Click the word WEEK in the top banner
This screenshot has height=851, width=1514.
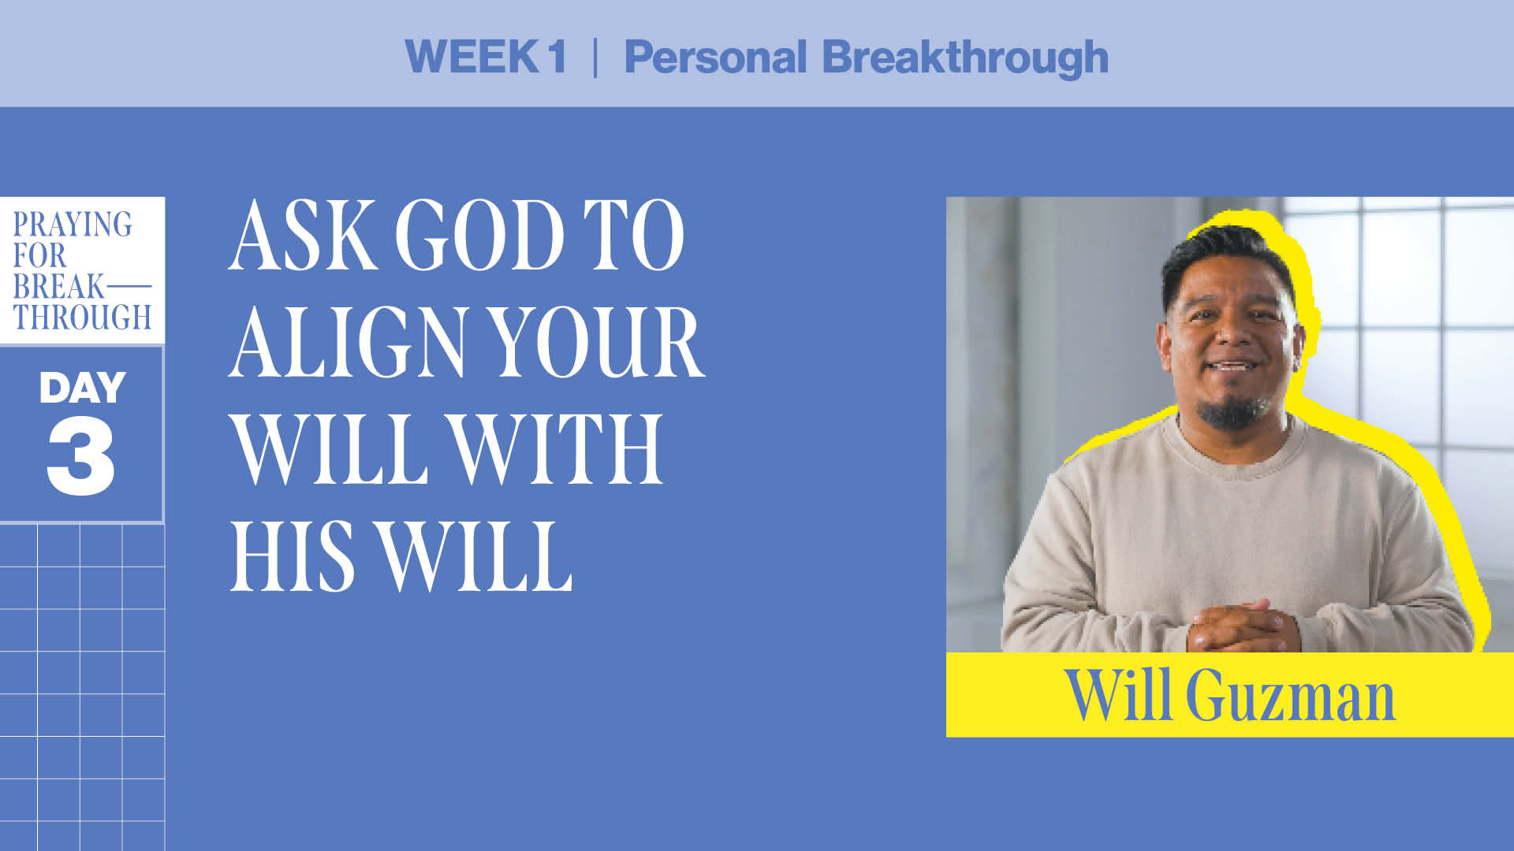[472, 57]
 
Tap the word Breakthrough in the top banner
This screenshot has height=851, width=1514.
[965, 57]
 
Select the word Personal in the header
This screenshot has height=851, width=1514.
[715, 57]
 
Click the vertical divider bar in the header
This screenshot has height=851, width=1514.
[595, 57]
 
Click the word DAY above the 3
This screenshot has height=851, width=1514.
[82, 388]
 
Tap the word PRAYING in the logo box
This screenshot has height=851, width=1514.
[73, 225]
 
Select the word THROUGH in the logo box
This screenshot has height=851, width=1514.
[82, 318]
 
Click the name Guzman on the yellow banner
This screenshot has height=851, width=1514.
[1290, 697]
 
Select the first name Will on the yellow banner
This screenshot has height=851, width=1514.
[1117, 695]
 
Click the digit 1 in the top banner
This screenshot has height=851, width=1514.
[557, 57]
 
